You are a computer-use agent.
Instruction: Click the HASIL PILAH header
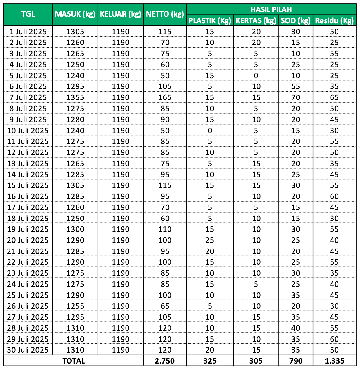pyautogui.click(x=271, y=9)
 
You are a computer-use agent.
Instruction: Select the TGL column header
pyautogui.click(x=28, y=14)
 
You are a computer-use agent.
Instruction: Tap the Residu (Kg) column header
pyautogui.click(x=334, y=20)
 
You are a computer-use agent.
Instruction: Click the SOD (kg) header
pyautogui.click(x=296, y=20)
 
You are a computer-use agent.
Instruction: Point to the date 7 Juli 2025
pyautogui.click(x=28, y=97)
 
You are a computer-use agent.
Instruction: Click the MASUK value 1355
pyautogui.click(x=75, y=97)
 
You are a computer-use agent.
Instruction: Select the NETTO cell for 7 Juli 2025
pyautogui.click(x=165, y=97)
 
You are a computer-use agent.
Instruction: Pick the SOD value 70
pyautogui.click(x=296, y=97)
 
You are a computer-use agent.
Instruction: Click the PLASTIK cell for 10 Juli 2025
pyautogui.click(x=210, y=131)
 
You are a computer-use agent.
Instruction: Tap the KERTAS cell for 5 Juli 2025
pyautogui.click(x=256, y=76)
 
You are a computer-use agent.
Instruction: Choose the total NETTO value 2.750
pyautogui.click(x=165, y=361)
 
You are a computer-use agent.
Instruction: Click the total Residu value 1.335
pyautogui.click(x=334, y=361)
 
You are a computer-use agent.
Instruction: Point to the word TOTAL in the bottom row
pyautogui.click(x=74, y=361)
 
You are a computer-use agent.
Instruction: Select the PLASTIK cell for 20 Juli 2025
pyautogui.click(x=210, y=240)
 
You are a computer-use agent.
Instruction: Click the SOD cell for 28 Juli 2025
pyautogui.click(x=296, y=328)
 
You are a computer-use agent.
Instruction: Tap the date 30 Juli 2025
pyautogui.click(x=28, y=350)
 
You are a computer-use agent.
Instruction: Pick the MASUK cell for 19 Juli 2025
pyautogui.click(x=75, y=229)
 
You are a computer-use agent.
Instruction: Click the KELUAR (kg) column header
pyautogui.click(x=120, y=14)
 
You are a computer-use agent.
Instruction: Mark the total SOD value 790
pyautogui.click(x=296, y=361)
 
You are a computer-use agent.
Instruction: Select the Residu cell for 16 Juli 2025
pyautogui.click(x=334, y=196)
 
